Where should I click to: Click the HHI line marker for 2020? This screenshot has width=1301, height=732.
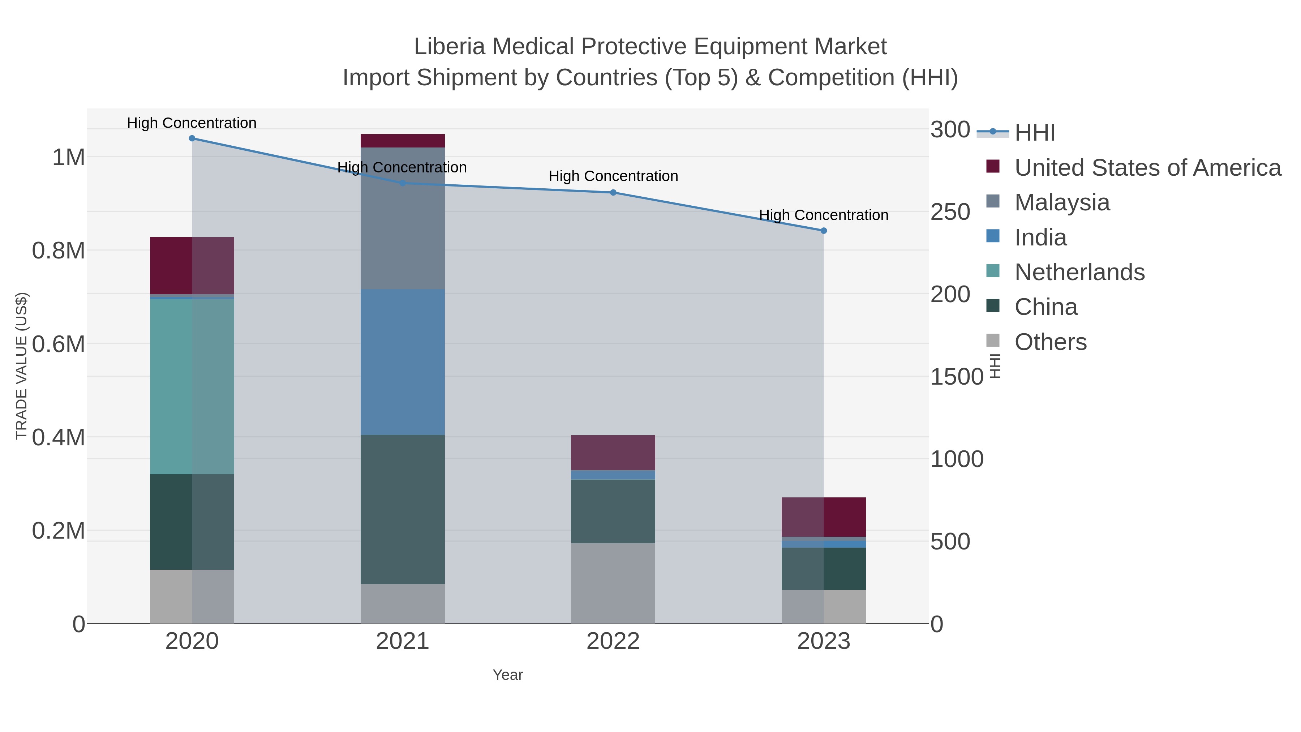(x=192, y=138)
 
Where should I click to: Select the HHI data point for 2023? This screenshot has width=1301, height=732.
(x=824, y=231)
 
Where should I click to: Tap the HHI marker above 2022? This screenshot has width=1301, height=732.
(x=613, y=192)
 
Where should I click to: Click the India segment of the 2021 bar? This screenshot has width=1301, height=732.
(x=403, y=362)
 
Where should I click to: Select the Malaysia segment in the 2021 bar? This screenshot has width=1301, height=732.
(x=403, y=218)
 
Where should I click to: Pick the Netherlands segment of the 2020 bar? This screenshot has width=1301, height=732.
(x=192, y=386)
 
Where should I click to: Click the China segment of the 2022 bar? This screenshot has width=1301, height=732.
(x=613, y=511)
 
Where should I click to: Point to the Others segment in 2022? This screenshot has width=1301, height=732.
(x=613, y=583)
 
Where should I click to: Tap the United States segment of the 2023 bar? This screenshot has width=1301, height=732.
(x=824, y=517)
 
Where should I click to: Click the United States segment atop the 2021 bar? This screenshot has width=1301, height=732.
(x=403, y=141)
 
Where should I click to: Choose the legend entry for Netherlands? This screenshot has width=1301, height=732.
(x=1079, y=272)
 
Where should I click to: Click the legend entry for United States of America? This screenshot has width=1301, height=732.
(x=1147, y=168)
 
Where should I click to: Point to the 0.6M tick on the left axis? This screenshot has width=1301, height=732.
(x=58, y=344)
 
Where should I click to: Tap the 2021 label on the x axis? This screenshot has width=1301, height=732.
(x=403, y=642)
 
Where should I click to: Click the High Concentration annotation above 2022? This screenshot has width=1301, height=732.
(x=613, y=176)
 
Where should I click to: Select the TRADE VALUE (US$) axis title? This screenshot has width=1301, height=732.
(x=21, y=366)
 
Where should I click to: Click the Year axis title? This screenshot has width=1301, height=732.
(x=508, y=675)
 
